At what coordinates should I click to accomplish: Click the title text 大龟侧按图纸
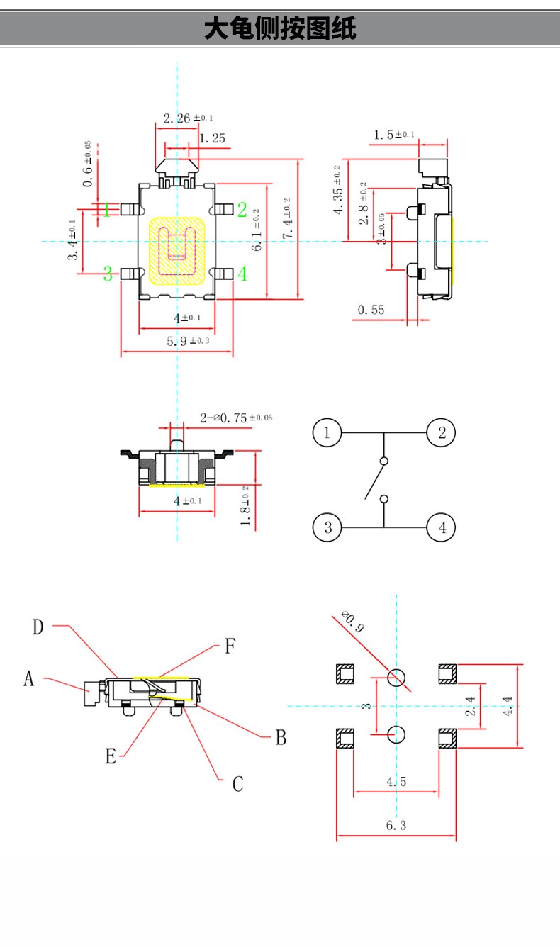[x=280, y=29]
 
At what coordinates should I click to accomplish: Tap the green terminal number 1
[x=107, y=209]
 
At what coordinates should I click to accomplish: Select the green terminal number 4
[x=242, y=274]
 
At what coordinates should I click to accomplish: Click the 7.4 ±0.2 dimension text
[x=286, y=220]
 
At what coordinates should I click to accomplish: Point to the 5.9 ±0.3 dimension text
[x=189, y=342]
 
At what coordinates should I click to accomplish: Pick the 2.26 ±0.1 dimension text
[x=187, y=118]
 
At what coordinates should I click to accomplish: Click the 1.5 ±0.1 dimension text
[x=404, y=135]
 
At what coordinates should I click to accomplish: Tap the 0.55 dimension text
[x=371, y=310]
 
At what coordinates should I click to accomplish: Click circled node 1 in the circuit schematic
[x=327, y=432]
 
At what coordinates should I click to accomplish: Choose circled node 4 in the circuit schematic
[x=442, y=527]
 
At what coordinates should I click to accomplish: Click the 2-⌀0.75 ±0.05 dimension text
[x=235, y=418]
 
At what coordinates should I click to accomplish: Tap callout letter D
[x=38, y=627]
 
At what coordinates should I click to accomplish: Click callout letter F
[x=230, y=646]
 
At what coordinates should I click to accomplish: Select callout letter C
[x=238, y=784]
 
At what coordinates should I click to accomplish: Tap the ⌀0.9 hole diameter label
[x=352, y=622]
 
